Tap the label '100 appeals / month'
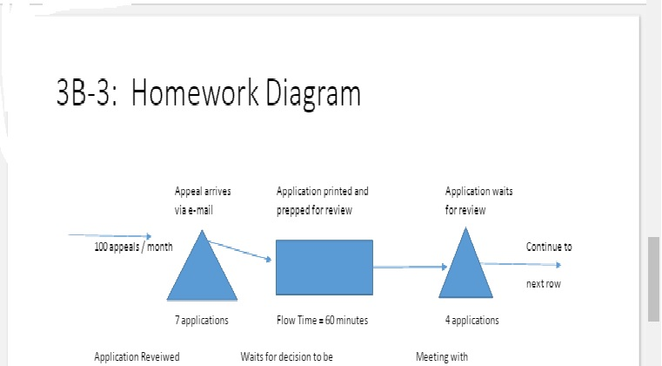point(133,247)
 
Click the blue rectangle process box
point(324,268)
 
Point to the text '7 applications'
point(202,320)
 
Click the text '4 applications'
point(472,320)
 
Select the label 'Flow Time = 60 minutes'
point(322,320)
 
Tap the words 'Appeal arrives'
point(203,191)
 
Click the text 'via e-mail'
point(194,210)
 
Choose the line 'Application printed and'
point(322,191)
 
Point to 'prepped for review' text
point(314,210)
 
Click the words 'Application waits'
point(478,191)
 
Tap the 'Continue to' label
point(549,247)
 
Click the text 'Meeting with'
point(442,356)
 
